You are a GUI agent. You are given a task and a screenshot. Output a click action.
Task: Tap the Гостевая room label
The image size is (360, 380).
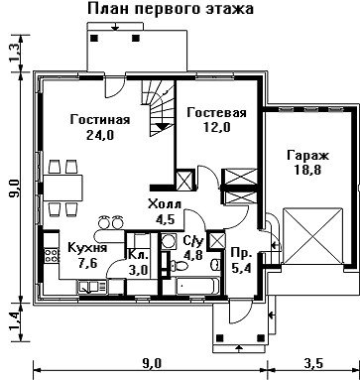pyautogui.click(x=216, y=112)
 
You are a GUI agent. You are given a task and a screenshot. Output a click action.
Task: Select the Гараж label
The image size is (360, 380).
pyautogui.click(x=307, y=155)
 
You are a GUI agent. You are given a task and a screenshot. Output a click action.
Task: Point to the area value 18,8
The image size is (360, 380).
pyautogui.click(x=307, y=170)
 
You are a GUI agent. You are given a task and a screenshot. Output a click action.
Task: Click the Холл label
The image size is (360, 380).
pyautogui.click(x=165, y=204)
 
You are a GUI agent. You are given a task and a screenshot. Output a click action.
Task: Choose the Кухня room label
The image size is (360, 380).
pyautogui.click(x=87, y=247)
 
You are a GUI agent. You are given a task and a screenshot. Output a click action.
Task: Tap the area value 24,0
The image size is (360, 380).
pyautogui.click(x=100, y=135)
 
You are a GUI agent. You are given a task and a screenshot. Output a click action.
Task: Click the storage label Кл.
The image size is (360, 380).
pyautogui.click(x=138, y=255)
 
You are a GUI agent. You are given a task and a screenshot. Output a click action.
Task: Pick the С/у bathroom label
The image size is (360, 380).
pyautogui.click(x=192, y=242)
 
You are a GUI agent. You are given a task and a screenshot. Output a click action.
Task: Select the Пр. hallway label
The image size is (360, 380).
pyautogui.click(x=242, y=253)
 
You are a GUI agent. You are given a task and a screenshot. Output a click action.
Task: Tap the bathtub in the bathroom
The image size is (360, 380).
pyautogui.click(x=197, y=286)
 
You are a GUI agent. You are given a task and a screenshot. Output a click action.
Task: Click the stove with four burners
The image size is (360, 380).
pyautogui.click(x=52, y=255)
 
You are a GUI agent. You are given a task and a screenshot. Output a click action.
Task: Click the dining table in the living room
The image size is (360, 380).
pyautogui.click(x=62, y=188)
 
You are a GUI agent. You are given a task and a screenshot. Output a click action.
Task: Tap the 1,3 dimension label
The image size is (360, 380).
pyautogui.click(x=16, y=53)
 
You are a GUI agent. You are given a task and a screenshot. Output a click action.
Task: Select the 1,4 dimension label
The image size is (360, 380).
pyautogui.click(x=16, y=322)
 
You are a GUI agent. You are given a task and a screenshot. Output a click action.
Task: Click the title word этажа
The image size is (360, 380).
pyautogui.click(x=229, y=8)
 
